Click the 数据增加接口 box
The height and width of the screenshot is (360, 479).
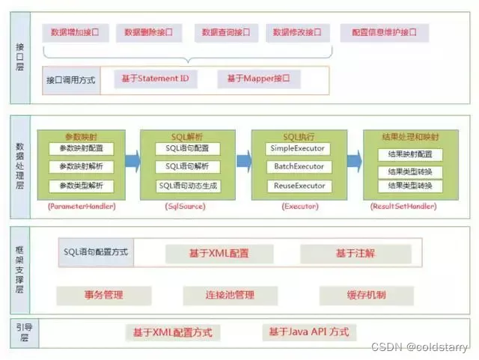[75, 33]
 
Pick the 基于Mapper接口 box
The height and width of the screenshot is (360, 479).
[258, 79]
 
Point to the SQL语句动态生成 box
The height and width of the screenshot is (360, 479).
[188, 185]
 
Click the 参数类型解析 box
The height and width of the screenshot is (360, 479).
[81, 185]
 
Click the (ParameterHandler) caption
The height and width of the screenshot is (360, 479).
[81, 205]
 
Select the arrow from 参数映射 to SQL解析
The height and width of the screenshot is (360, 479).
[132, 159]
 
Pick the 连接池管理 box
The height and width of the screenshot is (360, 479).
[230, 294]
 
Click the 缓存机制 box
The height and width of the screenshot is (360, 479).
[366, 294]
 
